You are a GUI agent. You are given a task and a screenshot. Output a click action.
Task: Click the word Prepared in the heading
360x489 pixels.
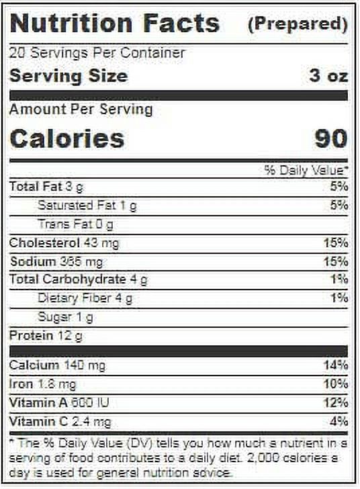click(298, 24)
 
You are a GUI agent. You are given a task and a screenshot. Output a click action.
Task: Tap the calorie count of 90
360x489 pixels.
click(330, 138)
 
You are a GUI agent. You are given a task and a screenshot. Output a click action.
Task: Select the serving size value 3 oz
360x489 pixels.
click(328, 76)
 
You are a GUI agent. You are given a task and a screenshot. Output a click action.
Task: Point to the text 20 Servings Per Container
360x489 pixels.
click(97, 52)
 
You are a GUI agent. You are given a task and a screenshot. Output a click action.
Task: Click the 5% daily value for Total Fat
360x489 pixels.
click(339, 187)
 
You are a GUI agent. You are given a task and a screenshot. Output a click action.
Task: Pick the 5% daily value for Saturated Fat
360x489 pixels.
click(339, 206)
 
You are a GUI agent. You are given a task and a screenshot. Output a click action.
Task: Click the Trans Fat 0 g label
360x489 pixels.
click(75, 224)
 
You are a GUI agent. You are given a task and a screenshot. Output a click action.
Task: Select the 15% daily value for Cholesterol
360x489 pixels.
click(336, 242)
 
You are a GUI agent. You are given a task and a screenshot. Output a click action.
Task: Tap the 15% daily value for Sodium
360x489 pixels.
click(336, 261)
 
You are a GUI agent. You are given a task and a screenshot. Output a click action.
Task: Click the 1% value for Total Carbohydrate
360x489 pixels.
click(339, 279)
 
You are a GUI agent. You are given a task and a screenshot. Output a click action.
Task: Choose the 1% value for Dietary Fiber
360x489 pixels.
click(339, 298)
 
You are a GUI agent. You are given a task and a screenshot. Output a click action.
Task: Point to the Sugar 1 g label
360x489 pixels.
click(65, 317)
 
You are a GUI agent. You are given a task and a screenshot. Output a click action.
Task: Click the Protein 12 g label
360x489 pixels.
click(46, 336)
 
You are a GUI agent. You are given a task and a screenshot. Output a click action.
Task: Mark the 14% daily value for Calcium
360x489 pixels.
click(336, 365)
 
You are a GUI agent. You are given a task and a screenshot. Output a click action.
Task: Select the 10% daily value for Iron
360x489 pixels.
click(336, 384)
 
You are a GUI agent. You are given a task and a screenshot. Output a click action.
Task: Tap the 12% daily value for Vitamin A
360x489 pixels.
click(336, 402)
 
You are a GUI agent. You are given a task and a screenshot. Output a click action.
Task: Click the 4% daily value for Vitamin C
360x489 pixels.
click(339, 421)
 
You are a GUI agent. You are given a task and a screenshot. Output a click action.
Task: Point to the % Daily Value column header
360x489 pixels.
click(306, 171)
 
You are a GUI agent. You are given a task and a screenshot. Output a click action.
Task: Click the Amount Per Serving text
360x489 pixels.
click(81, 109)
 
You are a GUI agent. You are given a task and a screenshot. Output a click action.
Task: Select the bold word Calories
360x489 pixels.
click(67, 138)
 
